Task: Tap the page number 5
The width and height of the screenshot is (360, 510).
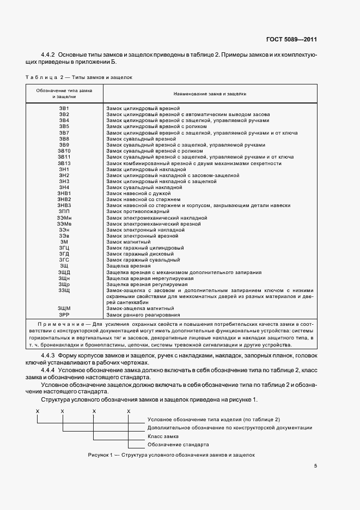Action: (315, 466)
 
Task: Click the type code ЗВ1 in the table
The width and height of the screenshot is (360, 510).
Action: (64, 109)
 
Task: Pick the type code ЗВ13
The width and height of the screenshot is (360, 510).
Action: (64, 163)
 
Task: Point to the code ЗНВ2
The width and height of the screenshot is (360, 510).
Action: (64, 199)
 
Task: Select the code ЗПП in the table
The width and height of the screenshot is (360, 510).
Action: (64, 211)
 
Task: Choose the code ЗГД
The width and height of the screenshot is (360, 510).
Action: (64, 253)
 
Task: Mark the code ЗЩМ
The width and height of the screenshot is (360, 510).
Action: (64, 309)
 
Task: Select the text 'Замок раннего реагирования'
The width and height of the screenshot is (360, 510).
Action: (143, 315)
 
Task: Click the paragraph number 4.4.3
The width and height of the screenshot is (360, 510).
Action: (50, 356)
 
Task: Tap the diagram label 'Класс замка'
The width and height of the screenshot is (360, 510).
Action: (163, 436)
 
